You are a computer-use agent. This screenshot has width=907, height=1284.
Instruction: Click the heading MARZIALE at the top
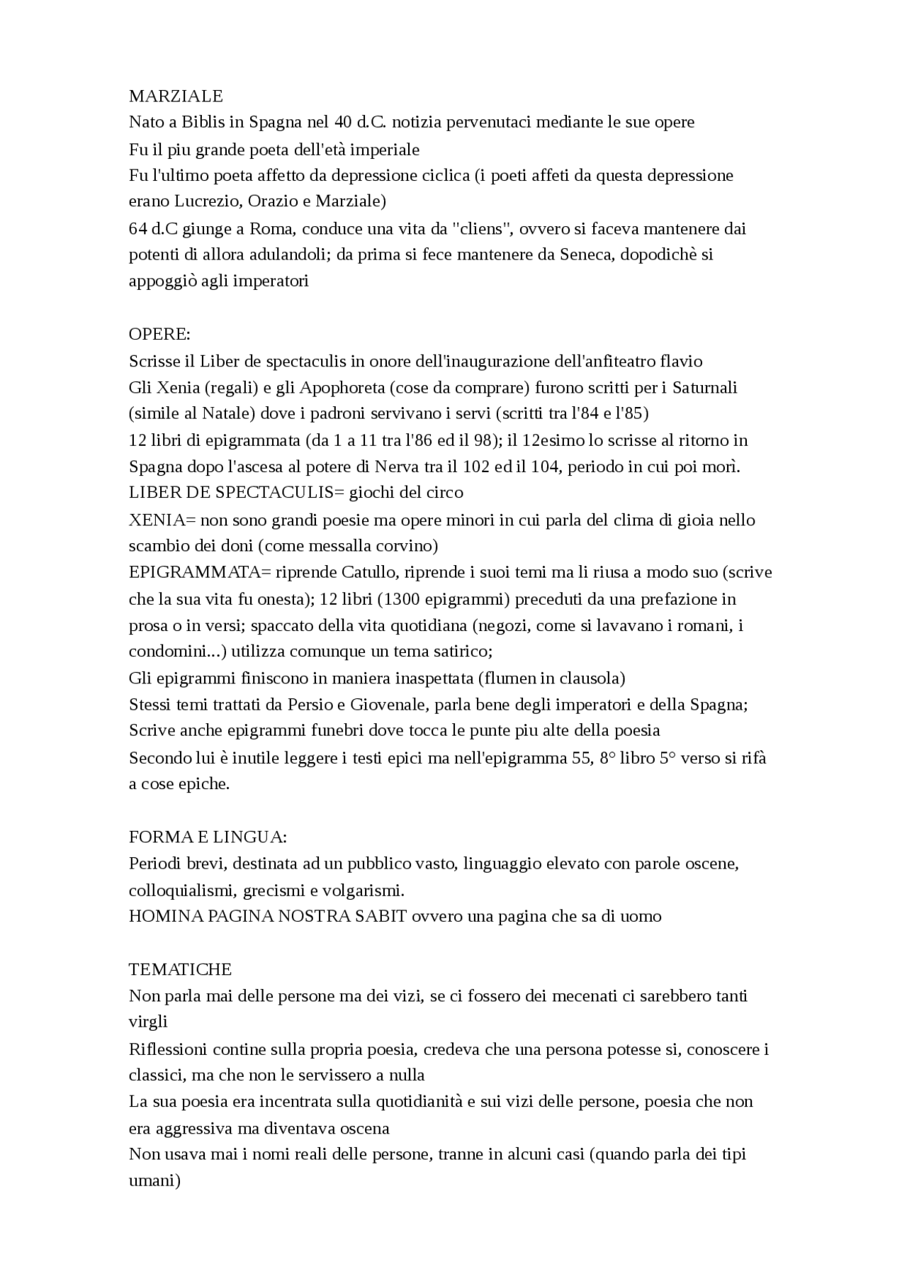point(176,96)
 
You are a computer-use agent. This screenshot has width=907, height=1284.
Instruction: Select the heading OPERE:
point(159,334)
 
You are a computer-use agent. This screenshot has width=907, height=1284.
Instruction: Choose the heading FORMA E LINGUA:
point(208,837)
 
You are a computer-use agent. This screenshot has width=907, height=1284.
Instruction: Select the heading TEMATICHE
point(180,969)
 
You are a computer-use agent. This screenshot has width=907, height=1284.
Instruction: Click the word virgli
point(148,1022)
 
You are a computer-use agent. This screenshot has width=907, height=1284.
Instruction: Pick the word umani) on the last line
point(154,1181)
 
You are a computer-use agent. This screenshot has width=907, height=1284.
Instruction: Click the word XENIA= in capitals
point(162,520)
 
